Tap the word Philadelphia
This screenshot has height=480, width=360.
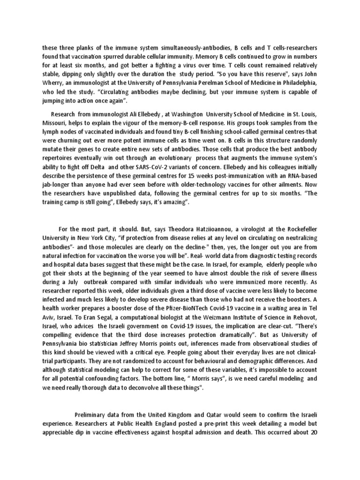coord(296,82)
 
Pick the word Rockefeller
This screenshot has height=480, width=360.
coord(301,242)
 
